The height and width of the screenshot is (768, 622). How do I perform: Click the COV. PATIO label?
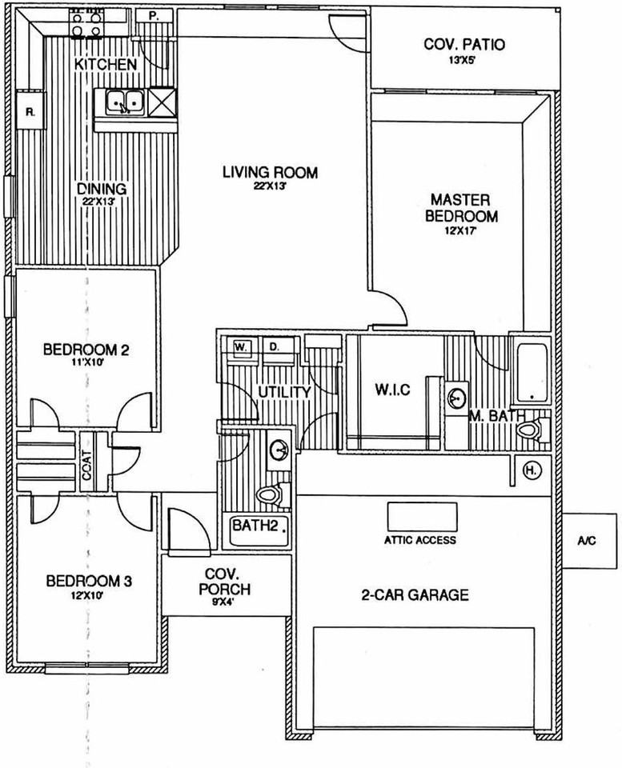coord(464,45)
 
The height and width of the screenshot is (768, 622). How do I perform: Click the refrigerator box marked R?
coord(30,113)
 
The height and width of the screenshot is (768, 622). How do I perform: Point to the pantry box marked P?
coord(152,16)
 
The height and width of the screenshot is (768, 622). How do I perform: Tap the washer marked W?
coord(239,348)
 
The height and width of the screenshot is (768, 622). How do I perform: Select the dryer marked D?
coord(273,348)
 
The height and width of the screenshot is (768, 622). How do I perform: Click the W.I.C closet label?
coord(392,390)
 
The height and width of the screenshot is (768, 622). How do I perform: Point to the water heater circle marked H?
coord(531,470)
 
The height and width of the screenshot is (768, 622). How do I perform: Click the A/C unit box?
coord(586,541)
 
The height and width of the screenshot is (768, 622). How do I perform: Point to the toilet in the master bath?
coord(529,430)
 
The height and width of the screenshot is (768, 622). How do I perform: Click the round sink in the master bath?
coord(457,397)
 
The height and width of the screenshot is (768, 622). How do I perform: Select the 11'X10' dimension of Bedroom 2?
coord(86,362)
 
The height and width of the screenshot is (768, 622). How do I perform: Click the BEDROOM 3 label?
coord(87,581)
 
